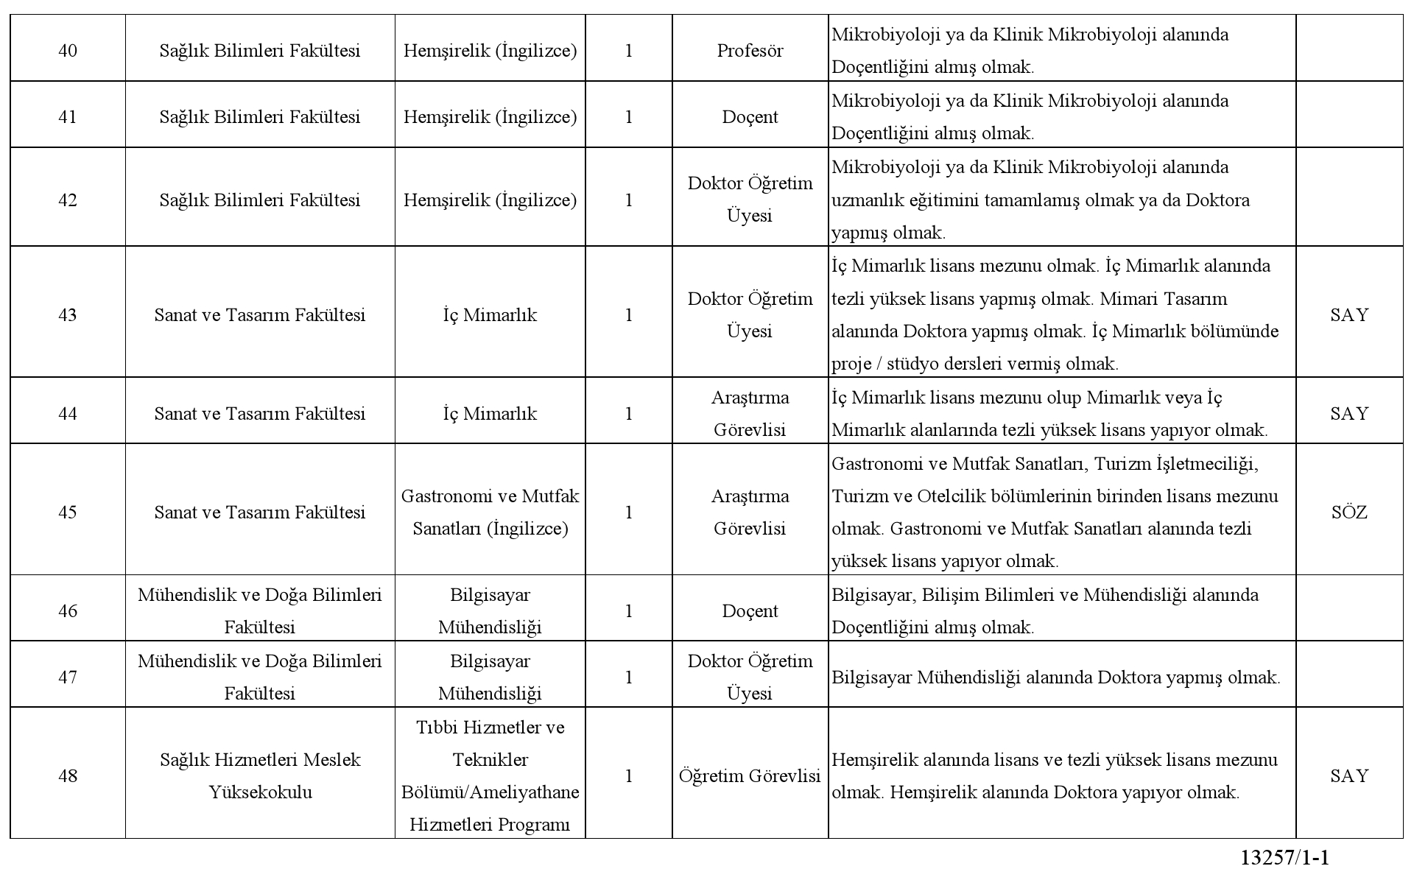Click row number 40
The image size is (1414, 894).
(x=68, y=51)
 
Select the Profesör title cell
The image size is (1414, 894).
(x=750, y=51)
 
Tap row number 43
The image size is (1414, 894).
(x=68, y=315)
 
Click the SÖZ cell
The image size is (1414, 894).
(x=1349, y=513)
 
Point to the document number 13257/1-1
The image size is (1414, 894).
(x=1285, y=858)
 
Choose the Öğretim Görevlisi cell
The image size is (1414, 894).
(x=750, y=776)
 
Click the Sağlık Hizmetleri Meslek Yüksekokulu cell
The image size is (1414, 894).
(x=260, y=776)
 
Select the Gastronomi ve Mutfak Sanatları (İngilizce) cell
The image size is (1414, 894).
(x=490, y=513)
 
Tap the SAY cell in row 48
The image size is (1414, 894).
(x=1349, y=776)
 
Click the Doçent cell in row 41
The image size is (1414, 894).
(x=750, y=117)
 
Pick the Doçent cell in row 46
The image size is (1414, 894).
(x=750, y=611)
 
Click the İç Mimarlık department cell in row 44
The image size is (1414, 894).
(x=490, y=414)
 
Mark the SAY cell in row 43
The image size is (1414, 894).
(x=1349, y=315)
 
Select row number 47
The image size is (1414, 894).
(x=68, y=677)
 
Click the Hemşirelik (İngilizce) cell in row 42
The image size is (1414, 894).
(x=490, y=200)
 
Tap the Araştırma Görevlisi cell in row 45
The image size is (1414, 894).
(x=750, y=513)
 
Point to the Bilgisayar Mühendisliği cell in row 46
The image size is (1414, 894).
(x=490, y=611)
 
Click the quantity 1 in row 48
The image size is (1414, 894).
(x=628, y=776)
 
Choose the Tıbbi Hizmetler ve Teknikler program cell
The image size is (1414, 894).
(x=490, y=776)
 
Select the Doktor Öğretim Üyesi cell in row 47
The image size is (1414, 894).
(x=750, y=677)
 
